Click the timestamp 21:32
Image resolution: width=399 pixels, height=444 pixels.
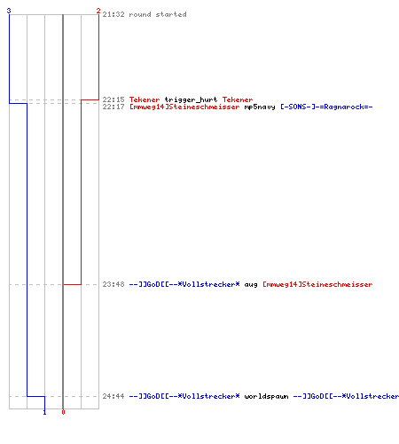(x=113, y=14)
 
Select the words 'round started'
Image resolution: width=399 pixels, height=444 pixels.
(x=158, y=14)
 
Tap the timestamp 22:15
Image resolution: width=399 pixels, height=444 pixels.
(x=113, y=99)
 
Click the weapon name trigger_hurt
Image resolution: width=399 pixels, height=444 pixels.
(x=191, y=99)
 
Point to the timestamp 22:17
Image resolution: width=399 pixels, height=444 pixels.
(x=113, y=107)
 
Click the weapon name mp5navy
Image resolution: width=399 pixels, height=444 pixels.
(x=260, y=107)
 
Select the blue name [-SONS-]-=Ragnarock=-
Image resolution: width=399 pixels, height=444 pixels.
(x=326, y=107)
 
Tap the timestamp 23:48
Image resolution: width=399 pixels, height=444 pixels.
(x=113, y=284)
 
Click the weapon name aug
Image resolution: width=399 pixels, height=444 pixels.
(x=251, y=285)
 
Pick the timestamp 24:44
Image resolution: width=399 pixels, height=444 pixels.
(x=113, y=396)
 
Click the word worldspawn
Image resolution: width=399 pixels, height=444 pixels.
(x=266, y=396)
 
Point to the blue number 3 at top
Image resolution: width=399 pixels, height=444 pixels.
(x=9, y=11)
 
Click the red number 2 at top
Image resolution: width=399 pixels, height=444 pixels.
(x=98, y=11)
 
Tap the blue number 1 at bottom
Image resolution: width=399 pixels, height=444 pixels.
(x=44, y=412)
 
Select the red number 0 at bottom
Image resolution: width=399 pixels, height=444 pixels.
(x=63, y=412)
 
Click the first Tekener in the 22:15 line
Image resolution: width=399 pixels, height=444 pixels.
(x=145, y=99)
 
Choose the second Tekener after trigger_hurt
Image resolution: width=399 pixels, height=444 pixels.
(x=238, y=99)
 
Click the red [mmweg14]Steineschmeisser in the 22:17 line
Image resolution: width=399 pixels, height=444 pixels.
(x=184, y=107)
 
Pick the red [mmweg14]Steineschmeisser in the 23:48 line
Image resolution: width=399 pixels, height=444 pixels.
(x=317, y=284)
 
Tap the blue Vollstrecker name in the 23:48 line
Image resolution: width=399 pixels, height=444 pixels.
(x=184, y=284)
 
